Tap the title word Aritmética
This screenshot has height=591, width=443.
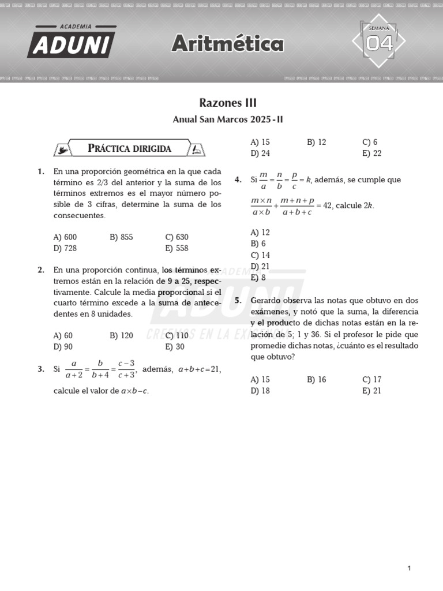pyautogui.click(x=228, y=44)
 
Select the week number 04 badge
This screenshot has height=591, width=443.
pyautogui.click(x=379, y=42)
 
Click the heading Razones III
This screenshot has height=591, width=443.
pyautogui.click(x=228, y=103)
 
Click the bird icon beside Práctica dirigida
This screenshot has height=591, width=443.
pyautogui.click(x=62, y=149)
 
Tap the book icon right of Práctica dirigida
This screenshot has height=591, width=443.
pyautogui.click(x=197, y=149)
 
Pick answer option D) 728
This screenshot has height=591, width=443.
pyautogui.click(x=65, y=249)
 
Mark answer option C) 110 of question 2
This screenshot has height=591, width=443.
pyautogui.click(x=177, y=336)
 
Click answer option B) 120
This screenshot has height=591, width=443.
pyautogui.click(x=121, y=336)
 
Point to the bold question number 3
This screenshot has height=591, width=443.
pyautogui.click(x=41, y=369)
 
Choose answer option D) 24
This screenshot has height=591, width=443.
pyautogui.click(x=260, y=154)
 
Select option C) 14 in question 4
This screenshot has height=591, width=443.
pyautogui.click(x=260, y=255)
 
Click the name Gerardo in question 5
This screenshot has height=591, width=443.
pyautogui.click(x=266, y=301)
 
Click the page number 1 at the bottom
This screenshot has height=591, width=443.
pyautogui.click(x=409, y=552)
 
